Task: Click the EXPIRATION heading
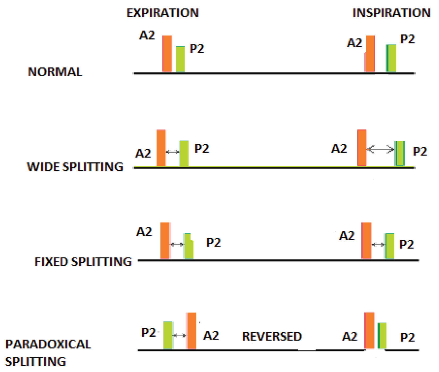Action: pyautogui.click(x=162, y=13)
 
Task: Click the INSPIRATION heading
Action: pyautogui.click(x=391, y=13)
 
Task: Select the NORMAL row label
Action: pyautogui.click(x=55, y=72)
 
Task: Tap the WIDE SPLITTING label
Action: pyautogui.click(x=75, y=167)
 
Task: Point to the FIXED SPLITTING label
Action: pyautogui.click(x=83, y=262)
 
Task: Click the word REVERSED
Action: pyautogui.click(x=272, y=336)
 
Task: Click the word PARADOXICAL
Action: pyautogui.click(x=48, y=344)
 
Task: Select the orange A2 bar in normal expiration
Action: pyautogui.click(x=167, y=54)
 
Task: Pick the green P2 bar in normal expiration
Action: pyautogui.click(x=180, y=59)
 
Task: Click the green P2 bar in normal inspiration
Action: pyautogui.click(x=391, y=58)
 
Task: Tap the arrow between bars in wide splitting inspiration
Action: pyautogui.click(x=380, y=149)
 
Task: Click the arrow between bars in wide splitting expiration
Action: pyautogui.click(x=173, y=152)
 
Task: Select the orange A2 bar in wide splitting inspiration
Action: pyautogui.click(x=362, y=148)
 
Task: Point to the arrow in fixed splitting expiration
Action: pyautogui.click(x=177, y=244)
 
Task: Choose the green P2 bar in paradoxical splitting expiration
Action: pyautogui.click(x=168, y=335)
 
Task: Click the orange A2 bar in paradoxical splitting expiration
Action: pyautogui.click(x=192, y=331)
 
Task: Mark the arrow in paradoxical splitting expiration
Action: pyautogui.click(x=179, y=335)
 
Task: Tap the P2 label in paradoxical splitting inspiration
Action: pyautogui.click(x=407, y=337)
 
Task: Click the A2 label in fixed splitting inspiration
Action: pyautogui.click(x=347, y=236)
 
